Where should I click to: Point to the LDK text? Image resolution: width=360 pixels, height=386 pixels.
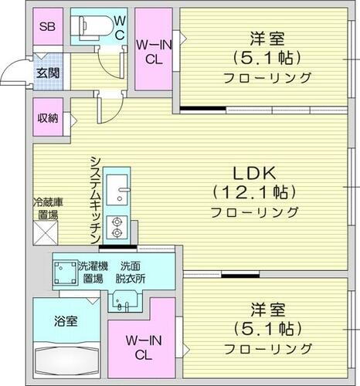(x=255, y=171)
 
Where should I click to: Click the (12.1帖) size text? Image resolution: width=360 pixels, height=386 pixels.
(x=255, y=191)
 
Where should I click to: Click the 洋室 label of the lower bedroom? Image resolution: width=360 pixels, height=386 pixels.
(x=267, y=310)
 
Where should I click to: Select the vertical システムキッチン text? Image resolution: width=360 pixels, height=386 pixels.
(x=94, y=200)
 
